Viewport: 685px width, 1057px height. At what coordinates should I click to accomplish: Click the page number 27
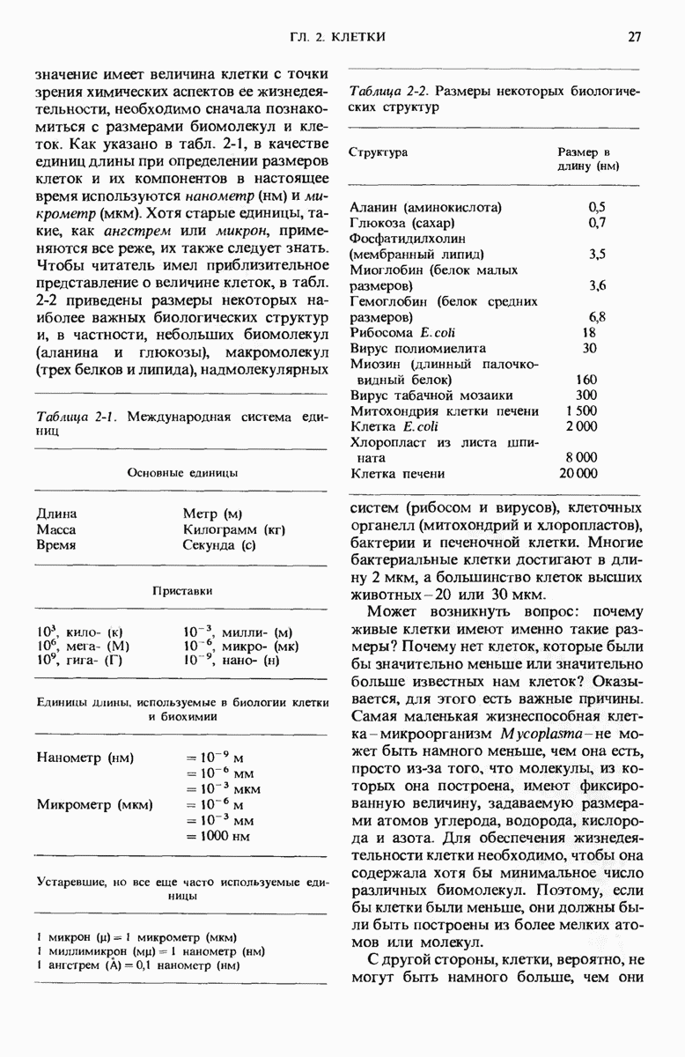point(633,36)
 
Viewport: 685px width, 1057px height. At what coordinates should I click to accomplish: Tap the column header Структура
point(379,152)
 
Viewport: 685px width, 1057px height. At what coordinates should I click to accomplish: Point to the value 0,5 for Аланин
point(597,207)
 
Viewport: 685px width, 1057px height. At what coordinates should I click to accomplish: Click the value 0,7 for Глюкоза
point(597,223)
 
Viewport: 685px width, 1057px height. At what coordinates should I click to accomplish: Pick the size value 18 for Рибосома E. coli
point(589,332)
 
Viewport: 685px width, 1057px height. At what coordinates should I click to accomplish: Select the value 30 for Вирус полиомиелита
point(589,348)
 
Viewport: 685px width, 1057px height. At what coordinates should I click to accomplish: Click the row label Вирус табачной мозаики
point(431,395)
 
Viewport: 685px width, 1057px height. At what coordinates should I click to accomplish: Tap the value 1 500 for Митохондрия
point(582,410)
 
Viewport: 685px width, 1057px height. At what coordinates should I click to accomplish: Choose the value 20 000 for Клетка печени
point(578,473)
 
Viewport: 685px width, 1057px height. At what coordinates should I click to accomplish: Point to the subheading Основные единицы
point(181,472)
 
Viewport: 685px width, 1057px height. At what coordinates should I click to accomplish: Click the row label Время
point(55,545)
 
